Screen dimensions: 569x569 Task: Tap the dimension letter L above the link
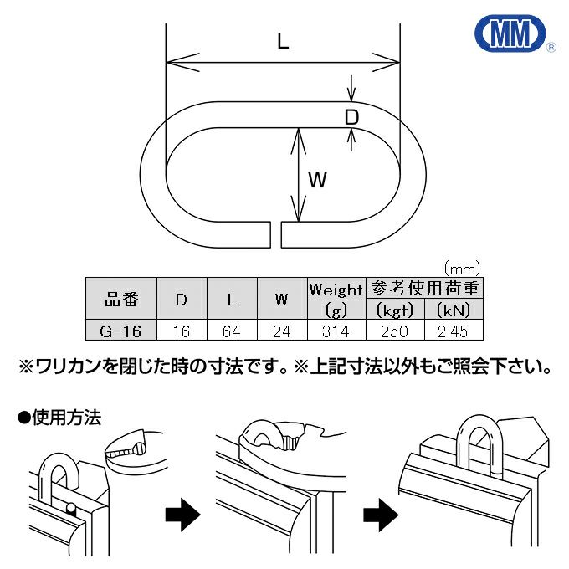(283, 42)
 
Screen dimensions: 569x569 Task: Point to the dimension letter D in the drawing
(352, 117)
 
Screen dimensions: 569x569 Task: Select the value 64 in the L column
(232, 331)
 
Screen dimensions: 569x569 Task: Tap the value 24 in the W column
(282, 331)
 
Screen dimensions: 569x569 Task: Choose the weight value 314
(336, 331)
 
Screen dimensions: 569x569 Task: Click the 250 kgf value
(393, 331)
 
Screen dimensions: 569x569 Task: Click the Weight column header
(336, 290)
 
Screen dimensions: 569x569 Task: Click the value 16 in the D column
(181, 331)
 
